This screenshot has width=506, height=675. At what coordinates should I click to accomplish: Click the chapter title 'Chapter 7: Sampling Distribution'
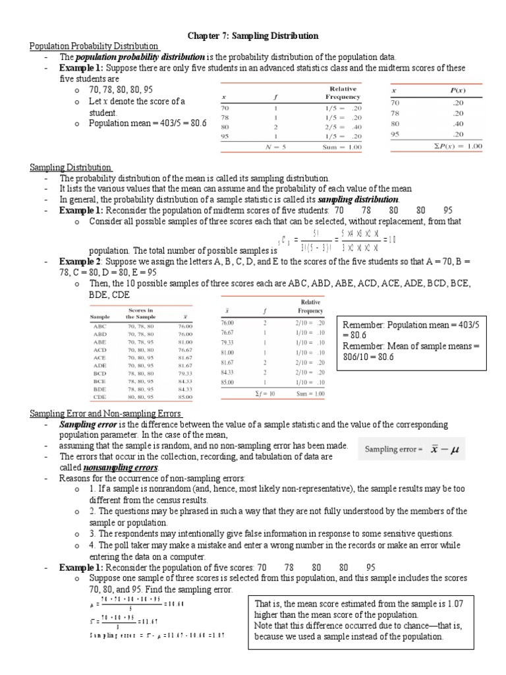253,36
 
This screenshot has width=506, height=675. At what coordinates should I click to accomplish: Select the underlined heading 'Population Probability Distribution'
94,46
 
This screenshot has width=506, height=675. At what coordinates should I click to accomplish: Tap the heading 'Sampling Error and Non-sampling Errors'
105,413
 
